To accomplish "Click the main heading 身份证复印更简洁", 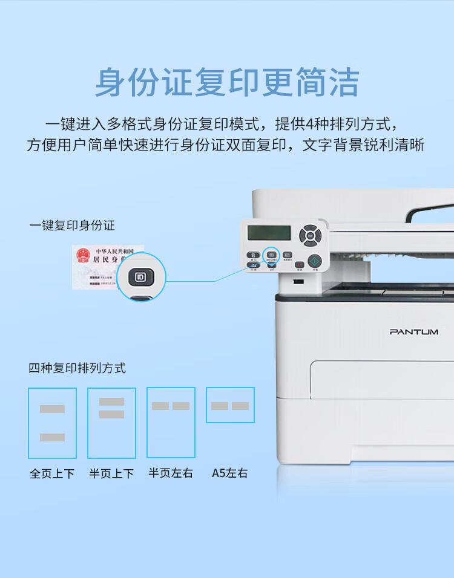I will [227, 82].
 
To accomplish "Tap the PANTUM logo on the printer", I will [414, 332].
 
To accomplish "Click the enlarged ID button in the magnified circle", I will [141, 278].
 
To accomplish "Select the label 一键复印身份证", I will [72, 226].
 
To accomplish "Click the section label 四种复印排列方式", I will [77, 368].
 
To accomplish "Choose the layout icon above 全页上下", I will [52, 423].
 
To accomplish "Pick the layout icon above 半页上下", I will [111, 423].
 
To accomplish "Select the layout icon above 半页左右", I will [171, 423].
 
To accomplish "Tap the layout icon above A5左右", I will [230, 405].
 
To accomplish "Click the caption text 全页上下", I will [52, 473].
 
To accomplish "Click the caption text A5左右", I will [229, 473].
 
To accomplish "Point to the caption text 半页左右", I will [171, 473].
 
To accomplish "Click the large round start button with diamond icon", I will [314, 261].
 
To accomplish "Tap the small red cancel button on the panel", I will [299, 264].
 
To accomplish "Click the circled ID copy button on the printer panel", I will [271, 255].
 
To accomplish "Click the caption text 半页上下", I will [111, 473].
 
